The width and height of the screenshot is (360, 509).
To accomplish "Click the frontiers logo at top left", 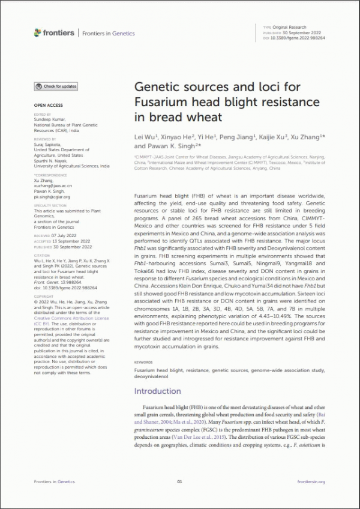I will (x=55, y=33).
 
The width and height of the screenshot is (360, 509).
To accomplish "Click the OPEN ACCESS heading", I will (x=45, y=105).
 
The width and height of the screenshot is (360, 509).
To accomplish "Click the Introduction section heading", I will (x=157, y=391).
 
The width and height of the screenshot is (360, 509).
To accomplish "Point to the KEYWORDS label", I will (x=143, y=363).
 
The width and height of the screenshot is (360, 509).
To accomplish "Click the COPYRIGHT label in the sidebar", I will (x=44, y=297).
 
